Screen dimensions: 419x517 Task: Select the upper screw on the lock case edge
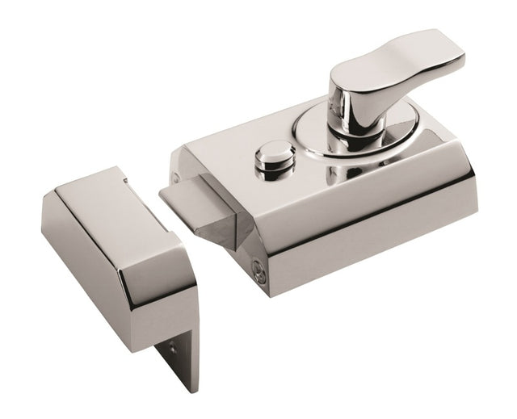[175, 174]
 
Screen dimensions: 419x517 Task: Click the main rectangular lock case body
[323, 186]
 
